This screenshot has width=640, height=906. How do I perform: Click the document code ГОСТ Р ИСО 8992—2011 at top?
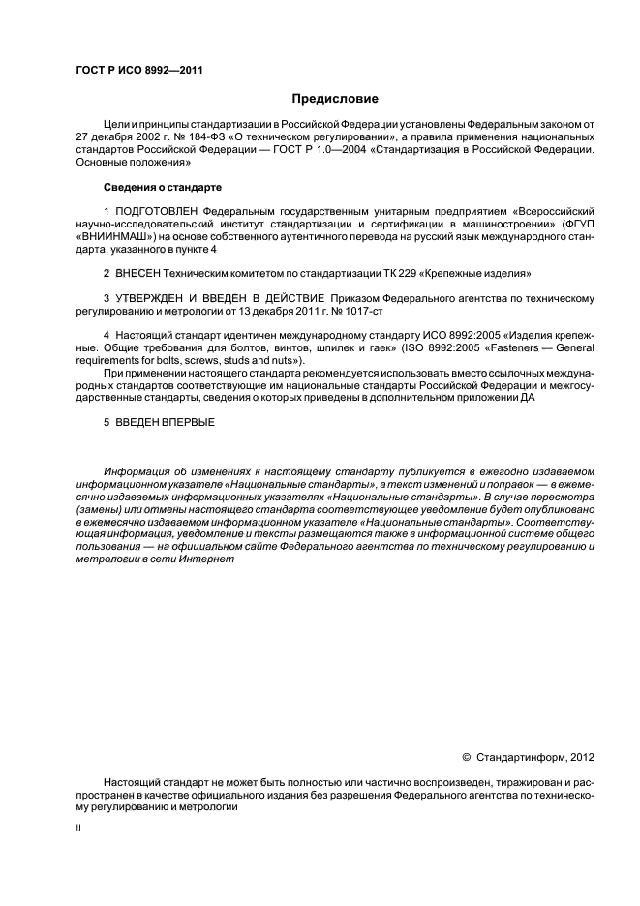click(138, 70)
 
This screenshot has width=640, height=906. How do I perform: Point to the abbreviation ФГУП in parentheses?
click(578, 224)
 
